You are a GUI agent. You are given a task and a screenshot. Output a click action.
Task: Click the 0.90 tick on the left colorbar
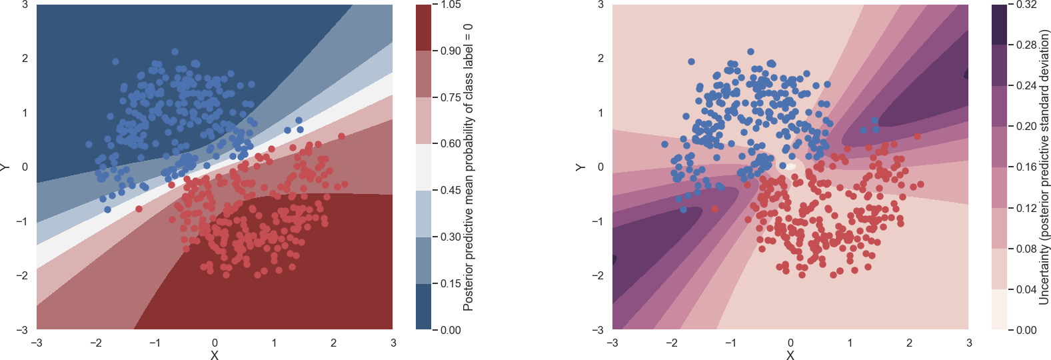pos(451,51)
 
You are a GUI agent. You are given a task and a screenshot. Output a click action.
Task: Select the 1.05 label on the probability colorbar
pos(451,5)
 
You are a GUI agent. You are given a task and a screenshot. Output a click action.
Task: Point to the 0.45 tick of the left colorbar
pos(451,190)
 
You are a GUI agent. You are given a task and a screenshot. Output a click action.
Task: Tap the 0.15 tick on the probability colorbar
pos(451,283)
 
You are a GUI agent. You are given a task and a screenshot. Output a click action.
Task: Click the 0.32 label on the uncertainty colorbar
pos(1026,5)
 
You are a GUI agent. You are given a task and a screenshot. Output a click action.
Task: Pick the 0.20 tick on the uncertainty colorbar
pos(1026,126)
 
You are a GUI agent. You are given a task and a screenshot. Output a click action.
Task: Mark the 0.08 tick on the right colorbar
pos(1026,249)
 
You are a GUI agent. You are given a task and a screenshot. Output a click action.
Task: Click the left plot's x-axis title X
pos(215,355)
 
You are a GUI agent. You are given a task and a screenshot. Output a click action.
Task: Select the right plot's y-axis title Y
pos(580,167)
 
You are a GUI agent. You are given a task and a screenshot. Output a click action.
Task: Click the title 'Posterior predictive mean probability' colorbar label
pos(468,167)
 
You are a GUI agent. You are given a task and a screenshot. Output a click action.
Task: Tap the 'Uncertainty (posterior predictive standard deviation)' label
pos(1044,167)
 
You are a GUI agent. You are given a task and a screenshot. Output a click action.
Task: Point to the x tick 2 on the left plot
pos(333,343)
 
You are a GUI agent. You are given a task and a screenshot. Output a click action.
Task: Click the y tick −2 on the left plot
pos(25,275)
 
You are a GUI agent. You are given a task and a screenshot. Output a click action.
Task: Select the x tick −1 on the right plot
pos(731,343)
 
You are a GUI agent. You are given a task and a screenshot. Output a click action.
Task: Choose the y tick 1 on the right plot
pos(600,113)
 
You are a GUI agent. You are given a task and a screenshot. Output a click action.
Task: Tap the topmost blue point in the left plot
pos(175,51)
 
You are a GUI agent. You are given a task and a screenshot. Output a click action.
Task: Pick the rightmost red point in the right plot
pos(920,184)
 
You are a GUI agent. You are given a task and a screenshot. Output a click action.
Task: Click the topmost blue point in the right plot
pos(751,51)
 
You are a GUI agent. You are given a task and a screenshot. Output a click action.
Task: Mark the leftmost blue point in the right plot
pos(664,144)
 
